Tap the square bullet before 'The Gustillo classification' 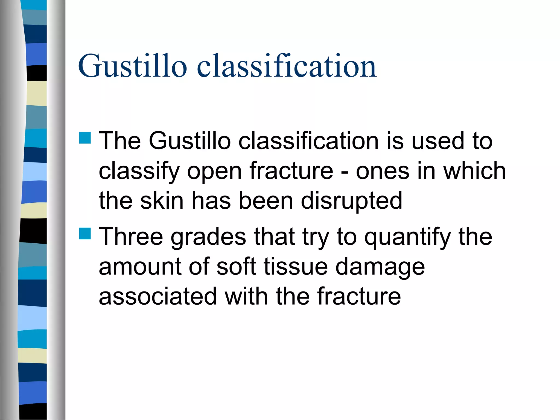pyautogui.click(x=85, y=138)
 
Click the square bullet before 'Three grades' pyautogui.click(x=85, y=234)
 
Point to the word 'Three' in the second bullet pyautogui.click(x=131, y=237)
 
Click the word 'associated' pyautogui.click(x=157, y=296)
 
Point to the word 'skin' pyautogui.click(x=162, y=200)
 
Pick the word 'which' pyautogui.click(x=474, y=171)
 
